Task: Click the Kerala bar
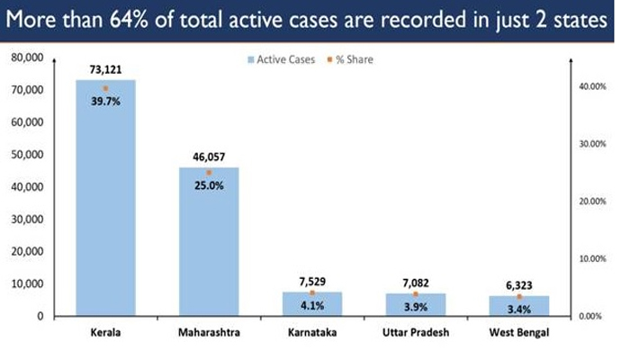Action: [x=105, y=198]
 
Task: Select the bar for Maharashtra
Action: [x=209, y=243]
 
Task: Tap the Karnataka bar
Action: [x=312, y=304]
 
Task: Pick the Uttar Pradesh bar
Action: [x=415, y=305]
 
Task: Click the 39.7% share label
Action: [x=105, y=102]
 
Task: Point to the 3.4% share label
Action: [x=518, y=310]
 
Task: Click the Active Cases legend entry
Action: [x=278, y=59]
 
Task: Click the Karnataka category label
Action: [x=312, y=333]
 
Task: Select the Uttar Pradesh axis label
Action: [x=415, y=333]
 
